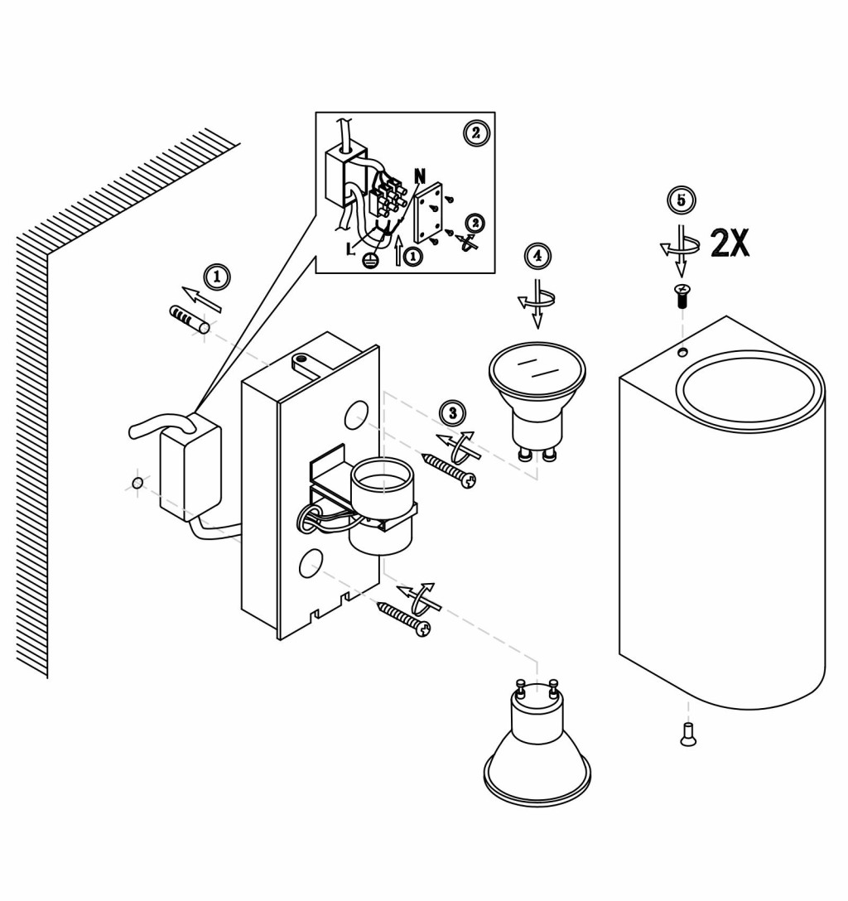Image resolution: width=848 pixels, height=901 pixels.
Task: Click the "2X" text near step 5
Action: click(730, 243)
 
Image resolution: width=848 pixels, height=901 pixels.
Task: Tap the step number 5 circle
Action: click(682, 200)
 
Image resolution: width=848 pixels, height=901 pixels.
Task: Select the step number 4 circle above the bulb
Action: click(537, 256)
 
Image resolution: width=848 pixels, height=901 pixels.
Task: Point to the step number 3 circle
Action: click(453, 412)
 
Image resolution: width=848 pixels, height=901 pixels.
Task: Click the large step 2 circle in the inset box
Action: click(475, 133)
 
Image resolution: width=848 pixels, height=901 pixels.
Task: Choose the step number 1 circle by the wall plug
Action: click(217, 277)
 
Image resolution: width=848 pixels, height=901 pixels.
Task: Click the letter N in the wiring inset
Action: click(420, 176)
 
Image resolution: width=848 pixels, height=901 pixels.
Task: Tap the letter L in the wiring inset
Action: click(350, 248)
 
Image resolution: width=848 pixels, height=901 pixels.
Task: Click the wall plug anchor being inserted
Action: click(190, 319)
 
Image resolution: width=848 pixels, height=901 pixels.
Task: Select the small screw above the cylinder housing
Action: click(682, 296)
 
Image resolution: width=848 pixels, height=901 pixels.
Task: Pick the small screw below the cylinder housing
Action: click(687, 735)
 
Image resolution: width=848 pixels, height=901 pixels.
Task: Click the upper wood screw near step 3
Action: click(449, 470)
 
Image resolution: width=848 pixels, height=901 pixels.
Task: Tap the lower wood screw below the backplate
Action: click(404, 619)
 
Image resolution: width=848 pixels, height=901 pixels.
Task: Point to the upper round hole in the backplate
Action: click(357, 414)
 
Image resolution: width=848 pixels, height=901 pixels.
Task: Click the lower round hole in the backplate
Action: click(311, 562)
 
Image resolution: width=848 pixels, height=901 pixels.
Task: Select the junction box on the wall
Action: click(190, 466)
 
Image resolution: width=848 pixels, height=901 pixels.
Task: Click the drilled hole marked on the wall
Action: click(137, 483)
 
